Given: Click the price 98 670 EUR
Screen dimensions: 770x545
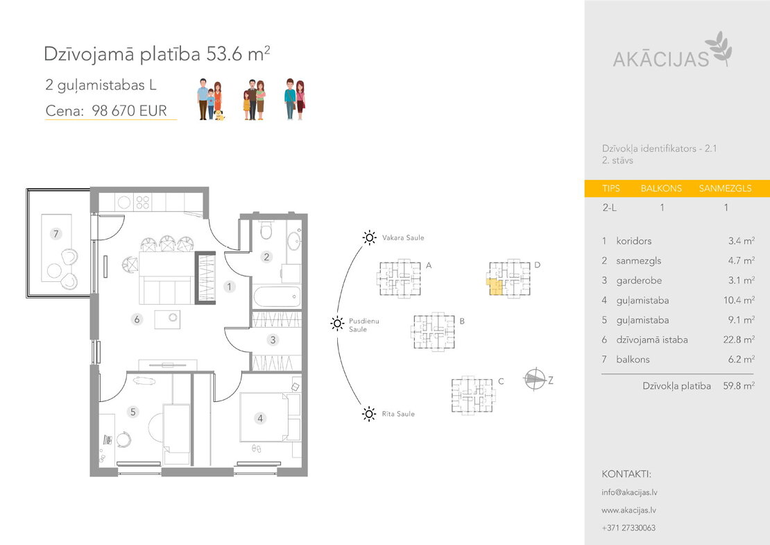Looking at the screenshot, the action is tap(129, 110).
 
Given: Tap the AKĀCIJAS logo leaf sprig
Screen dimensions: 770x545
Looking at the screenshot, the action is tap(719, 48).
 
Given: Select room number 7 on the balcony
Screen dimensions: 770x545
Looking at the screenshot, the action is tap(56, 233).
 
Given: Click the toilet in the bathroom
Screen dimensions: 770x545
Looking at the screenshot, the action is tap(266, 230).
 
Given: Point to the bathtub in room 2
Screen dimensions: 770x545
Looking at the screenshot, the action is tap(277, 297).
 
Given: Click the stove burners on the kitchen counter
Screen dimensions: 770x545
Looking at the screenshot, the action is tap(142, 202).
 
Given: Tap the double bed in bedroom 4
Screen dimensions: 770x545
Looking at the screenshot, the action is tap(270, 417).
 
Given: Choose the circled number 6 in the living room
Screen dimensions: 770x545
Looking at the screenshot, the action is tap(137, 319).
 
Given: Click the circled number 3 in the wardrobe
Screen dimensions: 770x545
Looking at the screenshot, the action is tap(273, 339).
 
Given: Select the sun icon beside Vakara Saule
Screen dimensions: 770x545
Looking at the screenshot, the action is tap(369, 238).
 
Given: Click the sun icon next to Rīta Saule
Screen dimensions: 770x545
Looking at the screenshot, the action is tap(369, 414).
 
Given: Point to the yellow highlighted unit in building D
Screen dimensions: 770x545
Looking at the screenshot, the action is tap(496, 287).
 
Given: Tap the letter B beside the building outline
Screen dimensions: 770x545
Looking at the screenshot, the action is tap(462, 321).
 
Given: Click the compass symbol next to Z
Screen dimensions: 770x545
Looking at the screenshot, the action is tap(536, 379).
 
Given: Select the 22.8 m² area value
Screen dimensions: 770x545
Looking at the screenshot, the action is tap(739, 339).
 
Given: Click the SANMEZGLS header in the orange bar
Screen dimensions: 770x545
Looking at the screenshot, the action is tap(726, 189).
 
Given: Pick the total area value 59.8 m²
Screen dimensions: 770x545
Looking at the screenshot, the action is tap(739, 386).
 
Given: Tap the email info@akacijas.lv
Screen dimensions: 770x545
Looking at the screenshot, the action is tap(629, 492).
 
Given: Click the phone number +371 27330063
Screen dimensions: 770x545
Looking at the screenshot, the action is tap(628, 528).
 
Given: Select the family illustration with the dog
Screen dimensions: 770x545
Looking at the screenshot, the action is tap(210, 99).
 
